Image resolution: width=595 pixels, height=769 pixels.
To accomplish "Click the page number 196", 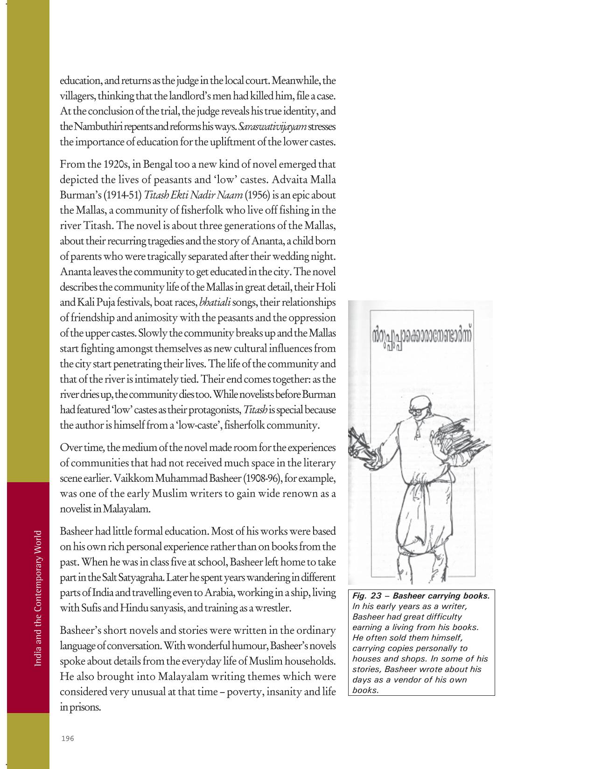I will [x=68, y=738].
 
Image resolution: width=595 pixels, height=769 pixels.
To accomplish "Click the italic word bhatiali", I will [x=215, y=303].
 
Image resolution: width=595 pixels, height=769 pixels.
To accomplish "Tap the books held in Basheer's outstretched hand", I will [x=360, y=443].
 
